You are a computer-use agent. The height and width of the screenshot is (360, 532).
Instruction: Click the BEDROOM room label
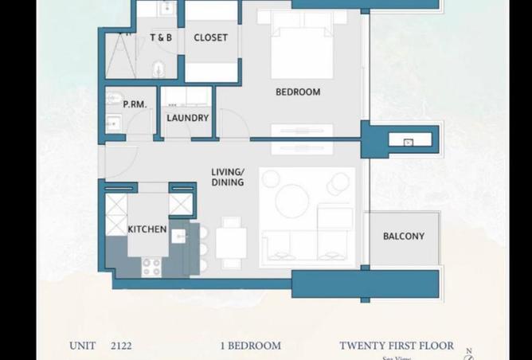click(298, 92)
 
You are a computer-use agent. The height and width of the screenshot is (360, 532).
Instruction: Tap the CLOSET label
click(210, 37)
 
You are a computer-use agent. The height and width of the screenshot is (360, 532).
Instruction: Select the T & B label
click(161, 37)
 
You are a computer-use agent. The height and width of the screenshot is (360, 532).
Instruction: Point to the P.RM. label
click(133, 104)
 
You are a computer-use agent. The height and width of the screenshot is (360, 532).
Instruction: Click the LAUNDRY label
click(187, 118)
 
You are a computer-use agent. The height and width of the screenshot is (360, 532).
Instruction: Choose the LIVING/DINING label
click(228, 177)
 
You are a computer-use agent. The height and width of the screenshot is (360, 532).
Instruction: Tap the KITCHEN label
click(147, 229)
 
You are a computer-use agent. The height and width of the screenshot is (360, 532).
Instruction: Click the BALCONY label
click(403, 236)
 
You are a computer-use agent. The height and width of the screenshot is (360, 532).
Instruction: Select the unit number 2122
click(122, 346)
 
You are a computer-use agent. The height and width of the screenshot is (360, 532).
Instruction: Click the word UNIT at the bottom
click(82, 346)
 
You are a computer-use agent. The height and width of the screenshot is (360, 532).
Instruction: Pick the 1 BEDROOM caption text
click(250, 346)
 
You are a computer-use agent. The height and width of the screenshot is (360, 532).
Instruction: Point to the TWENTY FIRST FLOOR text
click(397, 346)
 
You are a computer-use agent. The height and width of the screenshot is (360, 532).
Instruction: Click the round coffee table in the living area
click(292, 200)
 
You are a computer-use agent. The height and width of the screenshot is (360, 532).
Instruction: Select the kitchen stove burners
click(151, 267)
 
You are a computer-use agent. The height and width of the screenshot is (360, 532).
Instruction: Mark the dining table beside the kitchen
click(231, 243)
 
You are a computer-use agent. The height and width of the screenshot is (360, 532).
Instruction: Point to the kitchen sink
click(178, 237)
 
